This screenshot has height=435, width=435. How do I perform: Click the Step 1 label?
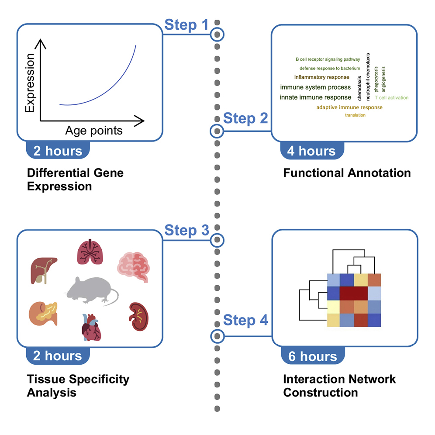tap(186, 26)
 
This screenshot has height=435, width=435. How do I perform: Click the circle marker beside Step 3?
tap(217, 240)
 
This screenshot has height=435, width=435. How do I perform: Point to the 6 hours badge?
tap(313, 356)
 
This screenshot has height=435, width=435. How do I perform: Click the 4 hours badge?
tap(311, 151)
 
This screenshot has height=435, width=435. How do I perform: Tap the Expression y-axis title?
tap(30, 83)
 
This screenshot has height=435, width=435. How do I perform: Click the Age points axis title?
tap(94, 131)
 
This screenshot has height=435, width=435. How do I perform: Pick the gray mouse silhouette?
tap(91, 290)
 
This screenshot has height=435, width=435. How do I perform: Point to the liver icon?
tap(44, 269)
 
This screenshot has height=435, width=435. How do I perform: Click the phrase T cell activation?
tap(391, 98)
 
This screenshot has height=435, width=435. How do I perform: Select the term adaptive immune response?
tap(349, 107)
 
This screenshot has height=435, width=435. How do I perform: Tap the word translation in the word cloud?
tap(355, 115)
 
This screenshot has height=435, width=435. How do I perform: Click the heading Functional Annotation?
tap(347, 173)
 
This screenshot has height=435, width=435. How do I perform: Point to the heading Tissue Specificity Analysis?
tap(78, 385)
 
